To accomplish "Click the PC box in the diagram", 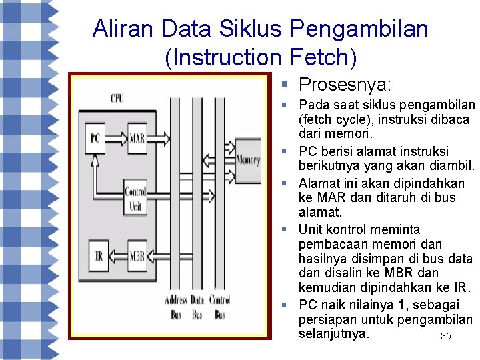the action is pos(95,139).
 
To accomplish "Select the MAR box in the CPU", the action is pos(137,139).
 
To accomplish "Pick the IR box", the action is pos(99,255).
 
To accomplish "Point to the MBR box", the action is pos(137,255).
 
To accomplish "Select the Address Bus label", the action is pos(176,307).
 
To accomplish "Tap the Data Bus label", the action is pos(197,307).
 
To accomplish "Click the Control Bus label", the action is pos(219,307).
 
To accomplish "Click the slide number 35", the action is pos(446,336).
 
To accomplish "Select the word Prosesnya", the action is pos(345,85).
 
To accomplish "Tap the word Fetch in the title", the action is pos(319,58).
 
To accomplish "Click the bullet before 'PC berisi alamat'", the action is pos(283,151).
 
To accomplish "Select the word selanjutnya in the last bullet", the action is pos(333,333).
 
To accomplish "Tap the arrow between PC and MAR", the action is pos(117,139).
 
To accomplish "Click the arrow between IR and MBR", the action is pos(117,255).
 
